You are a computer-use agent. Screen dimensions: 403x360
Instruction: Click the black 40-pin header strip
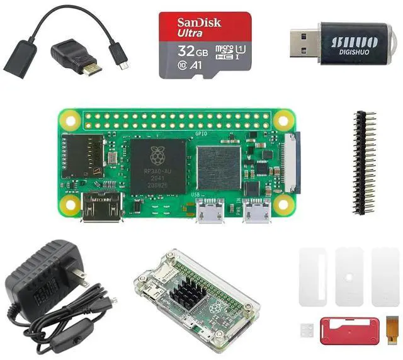pyautogui.click(x=363, y=163)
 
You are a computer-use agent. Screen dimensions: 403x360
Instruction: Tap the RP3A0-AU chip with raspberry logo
pyautogui.click(x=158, y=167)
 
